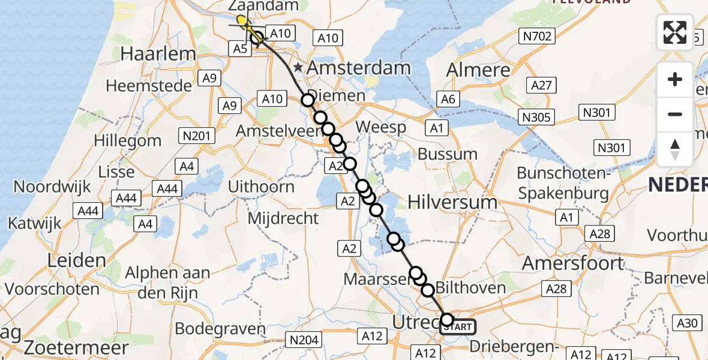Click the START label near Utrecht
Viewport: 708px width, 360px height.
(458, 327)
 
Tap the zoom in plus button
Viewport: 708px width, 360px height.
(675, 79)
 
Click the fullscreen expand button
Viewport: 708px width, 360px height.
(675, 32)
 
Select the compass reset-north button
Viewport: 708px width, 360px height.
(675, 149)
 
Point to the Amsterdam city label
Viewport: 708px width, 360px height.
(359, 67)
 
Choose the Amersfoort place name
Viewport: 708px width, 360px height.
(573, 263)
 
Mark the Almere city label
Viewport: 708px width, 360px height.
(478, 70)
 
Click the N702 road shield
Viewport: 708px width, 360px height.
(536, 37)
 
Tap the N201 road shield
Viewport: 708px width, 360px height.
(197, 136)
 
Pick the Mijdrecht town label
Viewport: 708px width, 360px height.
(284, 218)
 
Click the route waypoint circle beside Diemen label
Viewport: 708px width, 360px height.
(308, 100)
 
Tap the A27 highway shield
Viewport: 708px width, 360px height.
(541, 85)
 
